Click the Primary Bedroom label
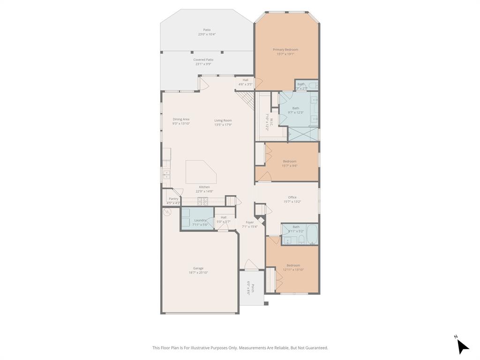pyautogui.click(x=285, y=50)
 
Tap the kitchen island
pyautogui.click(x=201, y=172)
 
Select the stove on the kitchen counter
pyautogui.click(x=202, y=201)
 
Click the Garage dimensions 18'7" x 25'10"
pyautogui.click(x=198, y=272)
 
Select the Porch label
pyautogui.click(x=252, y=287)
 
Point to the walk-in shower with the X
pyautogui.click(x=303, y=134)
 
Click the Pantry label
pyautogui.click(x=173, y=199)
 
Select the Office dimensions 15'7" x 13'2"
pyautogui.click(x=292, y=202)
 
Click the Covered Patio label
pyautogui.click(x=203, y=60)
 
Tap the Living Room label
pyautogui.click(x=223, y=120)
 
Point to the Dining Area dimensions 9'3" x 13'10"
pyautogui.click(x=181, y=123)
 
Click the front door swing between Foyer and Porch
pyautogui.click(x=251, y=265)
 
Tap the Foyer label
pyautogui.click(x=249, y=222)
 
